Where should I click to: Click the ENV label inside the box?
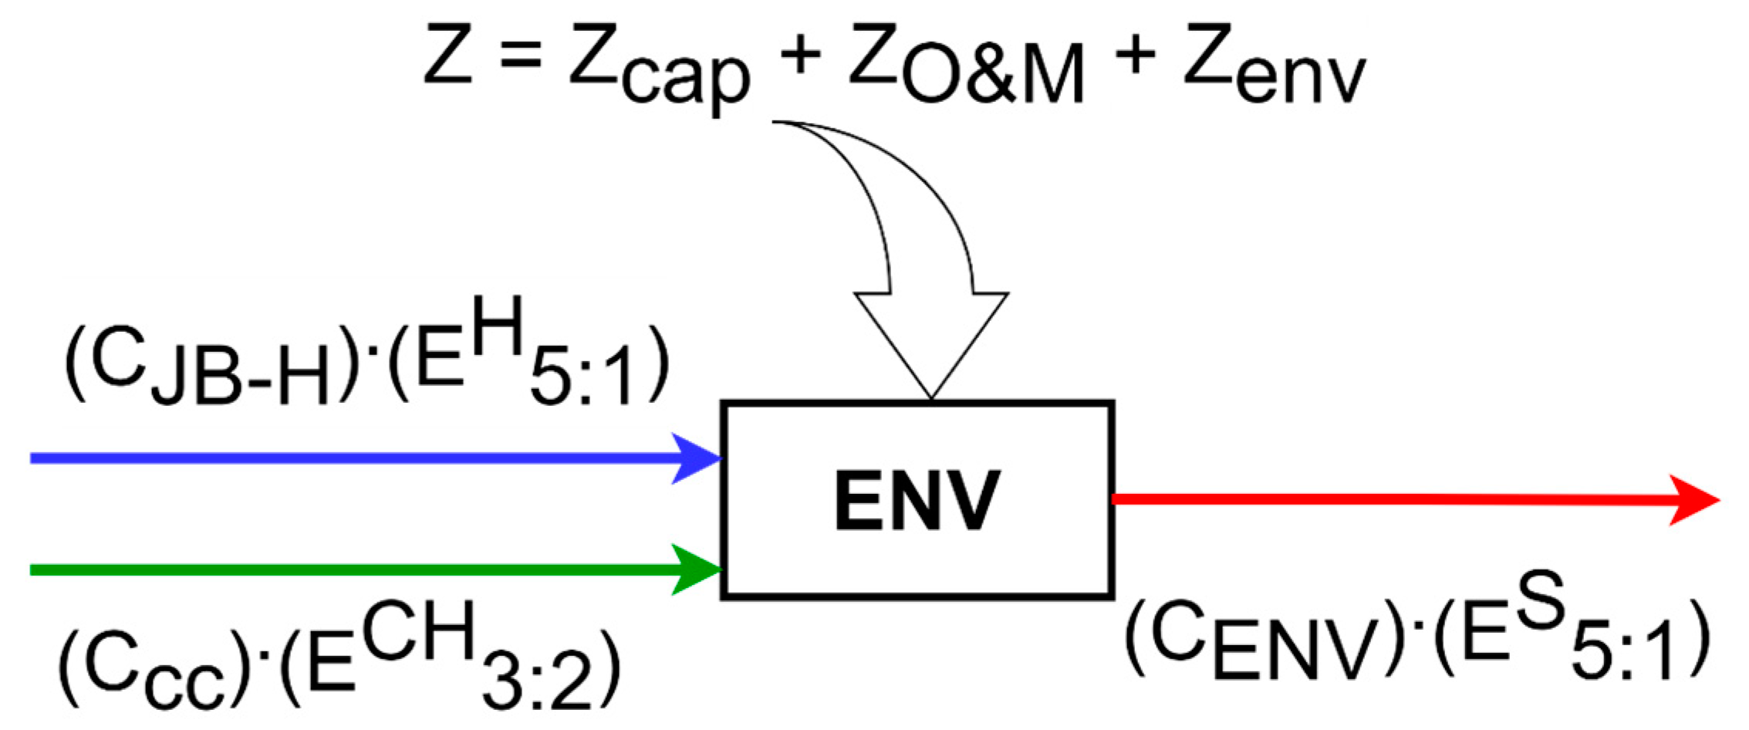[x=917, y=501]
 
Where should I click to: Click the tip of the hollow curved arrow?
[x=931, y=395]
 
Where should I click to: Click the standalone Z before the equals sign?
[x=447, y=54]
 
